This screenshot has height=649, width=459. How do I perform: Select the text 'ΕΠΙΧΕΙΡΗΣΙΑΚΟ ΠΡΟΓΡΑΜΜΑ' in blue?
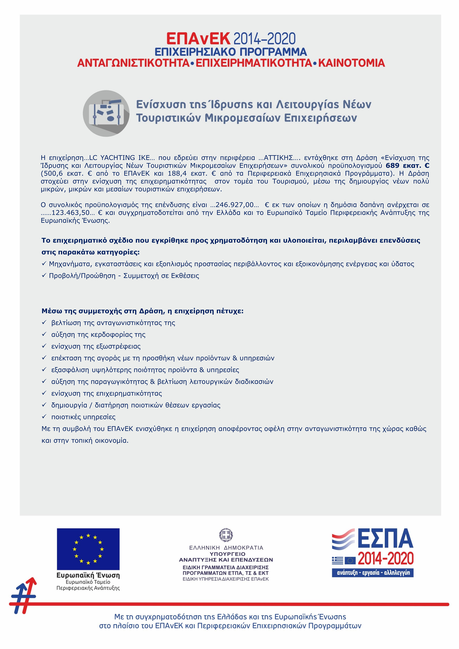tap(231, 52)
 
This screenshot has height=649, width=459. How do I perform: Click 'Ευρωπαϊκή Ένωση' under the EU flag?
tap(88, 575)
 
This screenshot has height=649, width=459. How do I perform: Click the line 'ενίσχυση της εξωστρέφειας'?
tap(96, 346)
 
